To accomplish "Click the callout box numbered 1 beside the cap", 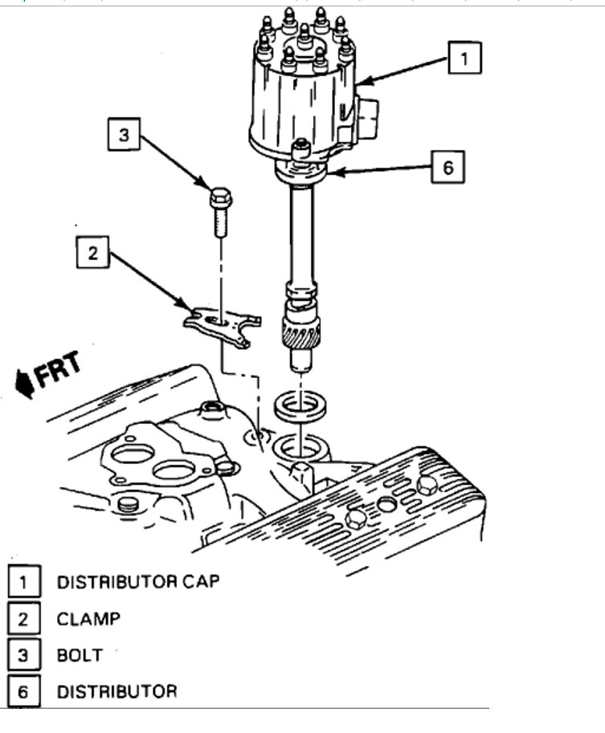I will [x=464, y=59].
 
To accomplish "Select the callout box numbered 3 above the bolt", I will [x=123, y=135].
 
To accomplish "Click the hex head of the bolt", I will [x=220, y=197].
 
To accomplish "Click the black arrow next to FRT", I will [x=23, y=383].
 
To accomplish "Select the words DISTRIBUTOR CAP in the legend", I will [x=137, y=581].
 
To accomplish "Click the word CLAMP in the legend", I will [x=88, y=618].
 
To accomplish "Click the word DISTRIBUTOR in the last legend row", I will [x=117, y=690].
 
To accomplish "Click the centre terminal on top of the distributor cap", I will [x=304, y=34].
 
